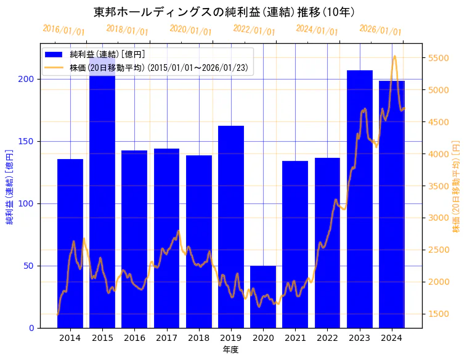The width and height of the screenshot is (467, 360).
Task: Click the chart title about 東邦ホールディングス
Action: [x=224, y=12]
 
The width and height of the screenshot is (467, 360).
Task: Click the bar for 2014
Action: [x=70, y=243]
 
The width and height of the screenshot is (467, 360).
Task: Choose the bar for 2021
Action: [x=295, y=244]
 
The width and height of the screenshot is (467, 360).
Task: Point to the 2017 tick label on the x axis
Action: [x=166, y=338]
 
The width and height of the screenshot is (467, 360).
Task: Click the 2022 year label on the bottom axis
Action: [x=327, y=338]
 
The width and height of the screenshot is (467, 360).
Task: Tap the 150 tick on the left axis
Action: [x=29, y=141]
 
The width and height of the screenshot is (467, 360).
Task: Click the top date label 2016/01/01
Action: [x=63, y=30]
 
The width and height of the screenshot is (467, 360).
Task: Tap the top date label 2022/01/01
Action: [x=254, y=30]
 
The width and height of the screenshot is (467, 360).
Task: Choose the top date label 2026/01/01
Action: [x=380, y=30]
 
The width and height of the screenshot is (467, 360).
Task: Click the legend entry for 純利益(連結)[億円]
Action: [x=107, y=55]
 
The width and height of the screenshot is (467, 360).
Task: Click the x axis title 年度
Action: [x=231, y=350]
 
